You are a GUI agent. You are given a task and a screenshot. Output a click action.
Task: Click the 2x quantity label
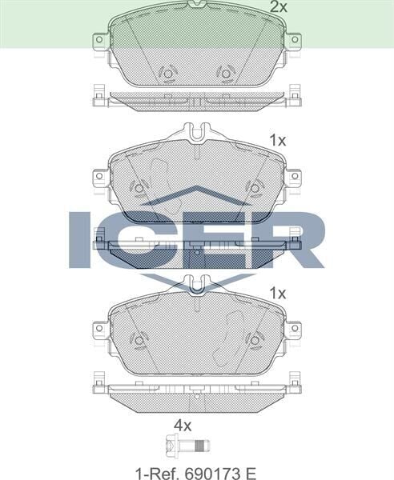click(x=278, y=7)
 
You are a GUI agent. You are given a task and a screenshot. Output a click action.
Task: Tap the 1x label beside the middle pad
click(x=278, y=140)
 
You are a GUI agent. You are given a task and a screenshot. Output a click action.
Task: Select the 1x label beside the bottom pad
click(x=278, y=294)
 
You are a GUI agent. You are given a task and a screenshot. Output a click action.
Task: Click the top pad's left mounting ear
click(x=100, y=39)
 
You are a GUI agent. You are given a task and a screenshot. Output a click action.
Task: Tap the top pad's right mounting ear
click(x=293, y=39)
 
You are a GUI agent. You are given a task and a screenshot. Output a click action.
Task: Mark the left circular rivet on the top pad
click(x=168, y=74)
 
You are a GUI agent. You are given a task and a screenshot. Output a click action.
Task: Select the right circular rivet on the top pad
click(x=225, y=74)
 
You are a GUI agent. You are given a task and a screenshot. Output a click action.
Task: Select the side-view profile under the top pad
click(x=197, y=98)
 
